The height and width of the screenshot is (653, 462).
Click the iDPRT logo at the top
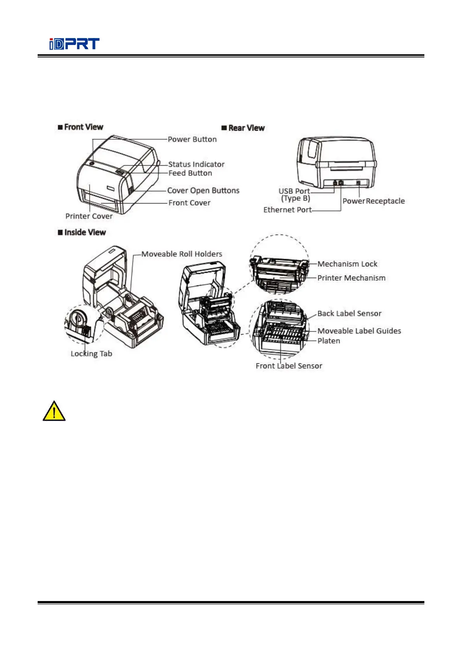(x=74, y=44)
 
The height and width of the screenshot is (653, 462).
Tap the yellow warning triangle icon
(x=54, y=411)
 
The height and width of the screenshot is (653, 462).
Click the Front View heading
(x=81, y=127)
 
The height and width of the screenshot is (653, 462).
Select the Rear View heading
(x=243, y=128)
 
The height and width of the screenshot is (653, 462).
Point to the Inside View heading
(x=82, y=232)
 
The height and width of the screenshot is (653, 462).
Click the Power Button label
(x=192, y=139)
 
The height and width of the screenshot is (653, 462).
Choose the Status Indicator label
(x=196, y=164)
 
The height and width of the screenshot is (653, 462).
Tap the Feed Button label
(x=190, y=173)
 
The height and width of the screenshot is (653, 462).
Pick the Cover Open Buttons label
(x=203, y=190)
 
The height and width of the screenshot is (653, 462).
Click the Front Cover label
(x=189, y=203)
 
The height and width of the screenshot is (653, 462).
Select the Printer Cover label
(x=89, y=216)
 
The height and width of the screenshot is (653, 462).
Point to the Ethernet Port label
(x=287, y=210)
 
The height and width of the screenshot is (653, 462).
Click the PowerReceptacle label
(x=374, y=201)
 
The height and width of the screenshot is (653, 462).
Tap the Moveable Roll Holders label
(x=182, y=254)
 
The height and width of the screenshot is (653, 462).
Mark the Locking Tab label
(x=91, y=354)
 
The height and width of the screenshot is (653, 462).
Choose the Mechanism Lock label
(x=347, y=264)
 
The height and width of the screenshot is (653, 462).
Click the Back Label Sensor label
(x=349, y=313)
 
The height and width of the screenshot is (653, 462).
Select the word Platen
(x=329, y=341)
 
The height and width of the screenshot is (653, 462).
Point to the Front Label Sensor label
(x=289, y=366)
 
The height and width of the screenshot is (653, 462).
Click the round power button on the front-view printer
(x=92, y=164)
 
